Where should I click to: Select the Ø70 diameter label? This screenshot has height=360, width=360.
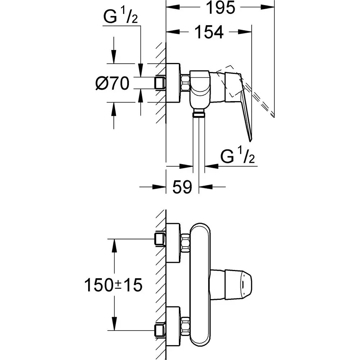(112, 84)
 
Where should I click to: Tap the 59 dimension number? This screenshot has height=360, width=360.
(182, 187)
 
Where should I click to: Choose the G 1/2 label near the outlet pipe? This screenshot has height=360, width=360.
(238, 157)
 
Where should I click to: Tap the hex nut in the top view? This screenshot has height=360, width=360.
(185, 84)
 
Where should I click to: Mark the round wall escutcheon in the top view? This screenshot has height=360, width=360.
(173, 84)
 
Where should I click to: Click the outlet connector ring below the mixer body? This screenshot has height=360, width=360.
(198, 114)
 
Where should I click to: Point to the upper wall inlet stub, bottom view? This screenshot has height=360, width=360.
(159, 239)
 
